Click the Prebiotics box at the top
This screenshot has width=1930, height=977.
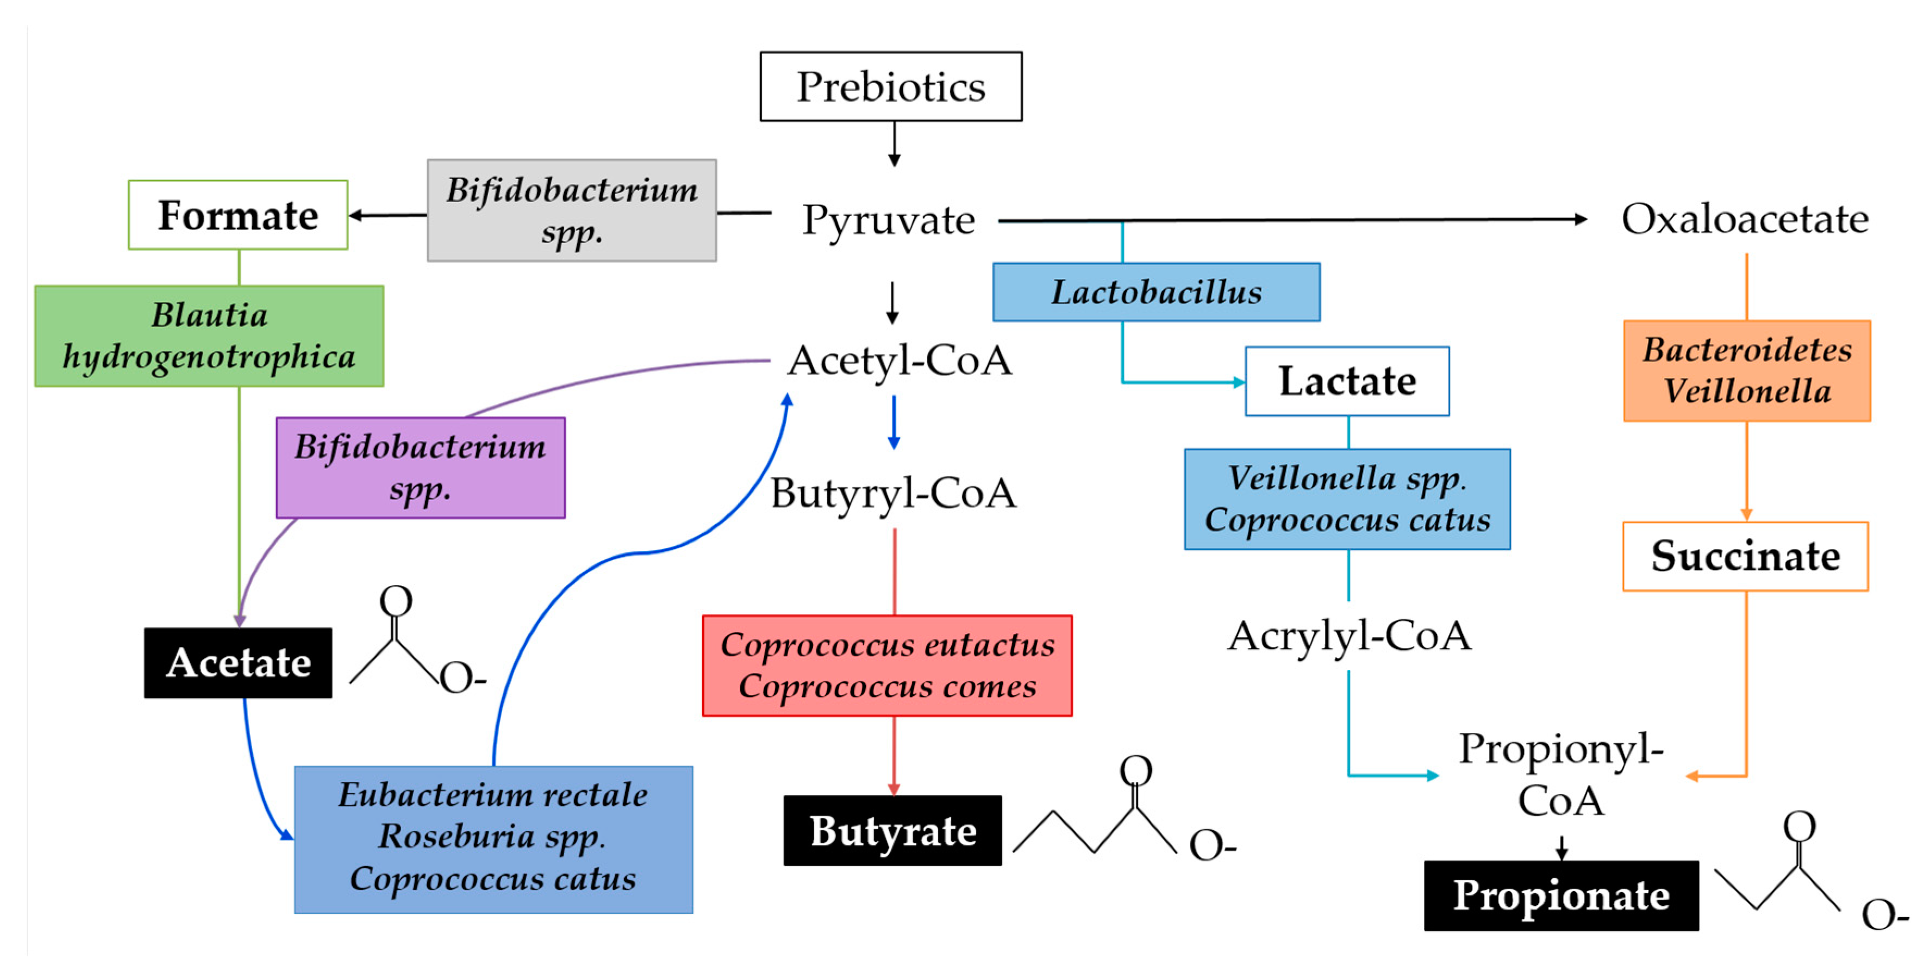890,86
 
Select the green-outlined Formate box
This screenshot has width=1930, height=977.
238,215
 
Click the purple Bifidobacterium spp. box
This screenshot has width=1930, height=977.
420,468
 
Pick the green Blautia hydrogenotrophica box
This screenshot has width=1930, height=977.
209,335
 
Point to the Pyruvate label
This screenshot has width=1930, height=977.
889,220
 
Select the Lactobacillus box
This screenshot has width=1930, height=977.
1155,292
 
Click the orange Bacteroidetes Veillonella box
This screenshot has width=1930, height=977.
1746,371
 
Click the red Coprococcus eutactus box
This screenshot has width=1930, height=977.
886,665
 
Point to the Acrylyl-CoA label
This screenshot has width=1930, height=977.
1348,636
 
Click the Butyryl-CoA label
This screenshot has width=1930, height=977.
893,493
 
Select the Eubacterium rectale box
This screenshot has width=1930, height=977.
493,838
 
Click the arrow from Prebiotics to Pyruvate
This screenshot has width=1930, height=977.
894,144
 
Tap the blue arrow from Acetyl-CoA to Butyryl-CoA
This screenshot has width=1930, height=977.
893,422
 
